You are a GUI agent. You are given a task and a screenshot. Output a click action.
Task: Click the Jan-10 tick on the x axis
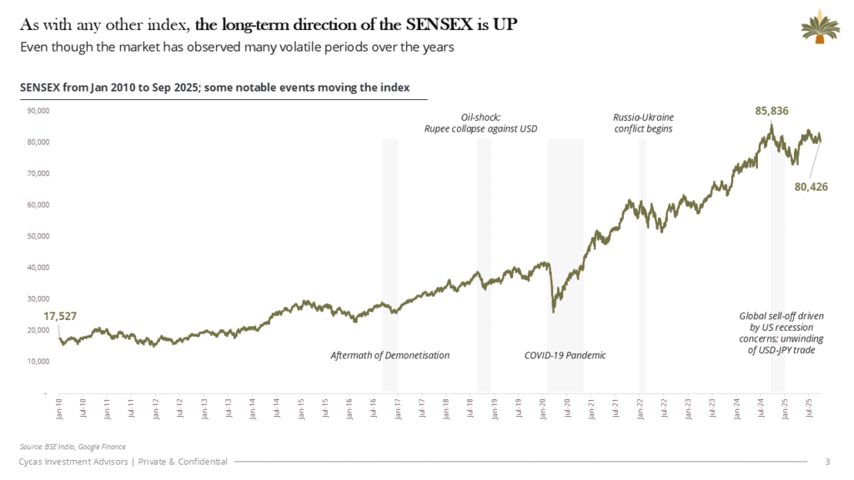(x=59, y=407)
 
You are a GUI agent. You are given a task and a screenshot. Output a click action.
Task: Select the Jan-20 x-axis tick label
(x=543, y=407)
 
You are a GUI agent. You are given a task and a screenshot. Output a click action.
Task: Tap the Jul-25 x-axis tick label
(x=809, y=407)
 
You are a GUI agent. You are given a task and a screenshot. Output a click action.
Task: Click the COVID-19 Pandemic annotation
(x=565, y=356)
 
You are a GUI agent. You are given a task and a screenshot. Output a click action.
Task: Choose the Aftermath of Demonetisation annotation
(x=389, y=356)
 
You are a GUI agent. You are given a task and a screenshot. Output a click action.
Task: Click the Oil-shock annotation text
(x=480, y=123)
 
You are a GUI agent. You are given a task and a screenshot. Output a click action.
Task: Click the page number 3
(x=826, y=462)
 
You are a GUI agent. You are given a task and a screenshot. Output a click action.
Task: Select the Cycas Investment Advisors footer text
(x=124, y=462)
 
